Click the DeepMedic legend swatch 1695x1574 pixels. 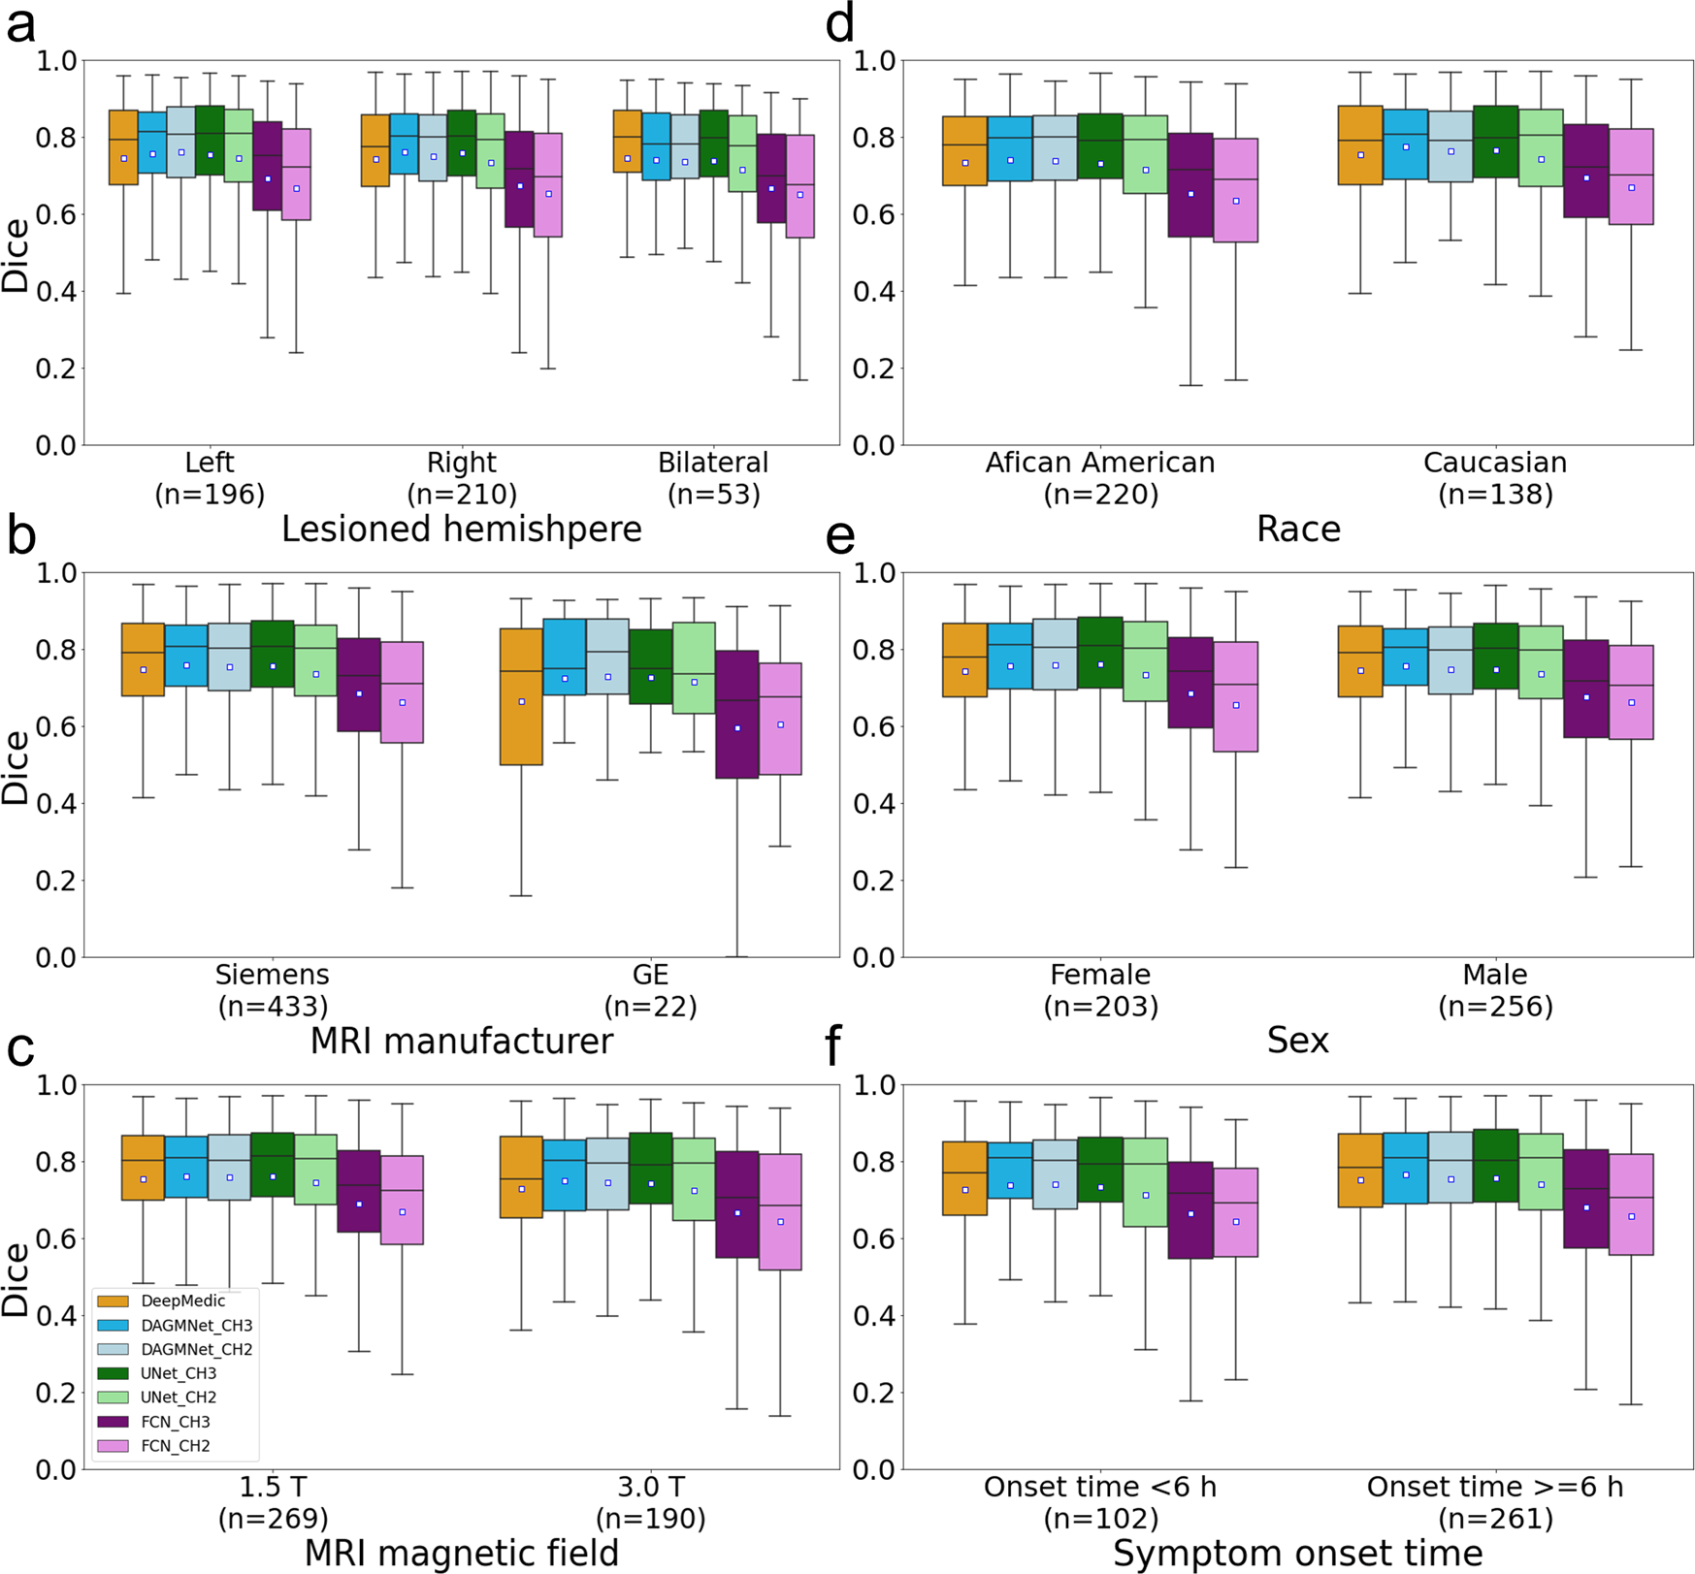tap(113, 1301)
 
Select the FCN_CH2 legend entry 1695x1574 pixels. tap(176, 1446)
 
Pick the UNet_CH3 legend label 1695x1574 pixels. tap(179, 1373)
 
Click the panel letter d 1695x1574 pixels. tap(839, 23)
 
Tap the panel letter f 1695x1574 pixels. tap(832, 1047)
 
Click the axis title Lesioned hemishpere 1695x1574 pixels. tap(462, 530)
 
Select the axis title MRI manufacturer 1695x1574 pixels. tap(462, 1042)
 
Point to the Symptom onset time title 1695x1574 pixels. tap(1298, 1554)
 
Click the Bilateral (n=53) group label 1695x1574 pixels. tap(713, 478)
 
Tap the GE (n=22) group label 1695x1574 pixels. tap(650, 990)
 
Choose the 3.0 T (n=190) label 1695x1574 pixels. tap(650, 1502)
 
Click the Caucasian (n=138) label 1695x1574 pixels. tap(1495, 478)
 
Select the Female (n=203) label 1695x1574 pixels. tap(1100, 990)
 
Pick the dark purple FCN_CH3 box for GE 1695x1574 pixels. tap(737, 714)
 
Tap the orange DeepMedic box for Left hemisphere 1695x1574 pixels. tap(123, 147)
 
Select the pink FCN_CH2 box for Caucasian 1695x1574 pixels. tap(1631, 177)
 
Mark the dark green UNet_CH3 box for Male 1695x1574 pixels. tap(1495, 656)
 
